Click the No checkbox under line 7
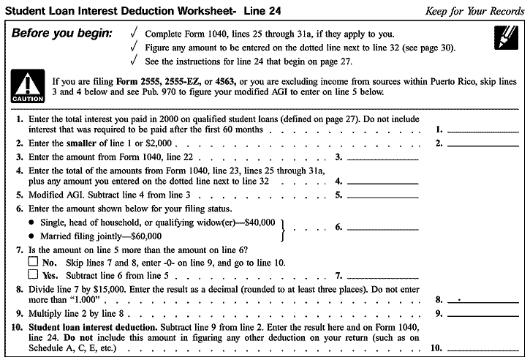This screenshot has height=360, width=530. (x=32, y=262)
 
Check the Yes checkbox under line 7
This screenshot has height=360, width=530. (x=32, y=275)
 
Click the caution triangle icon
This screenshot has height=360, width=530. (x=28, y=87)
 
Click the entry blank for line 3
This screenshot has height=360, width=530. (x=382, y=156)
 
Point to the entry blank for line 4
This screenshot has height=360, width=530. (x=382, y=179)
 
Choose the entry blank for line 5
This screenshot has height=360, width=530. (x=382, y=195)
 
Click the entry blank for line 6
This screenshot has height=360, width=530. (x=382, y=228)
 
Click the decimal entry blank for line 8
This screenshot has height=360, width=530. (x=482, y=299)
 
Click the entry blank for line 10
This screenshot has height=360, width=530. (x=482, y=348)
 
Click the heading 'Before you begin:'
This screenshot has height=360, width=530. (x=61, y=34)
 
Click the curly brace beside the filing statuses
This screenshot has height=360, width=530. (x=285, y=228)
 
